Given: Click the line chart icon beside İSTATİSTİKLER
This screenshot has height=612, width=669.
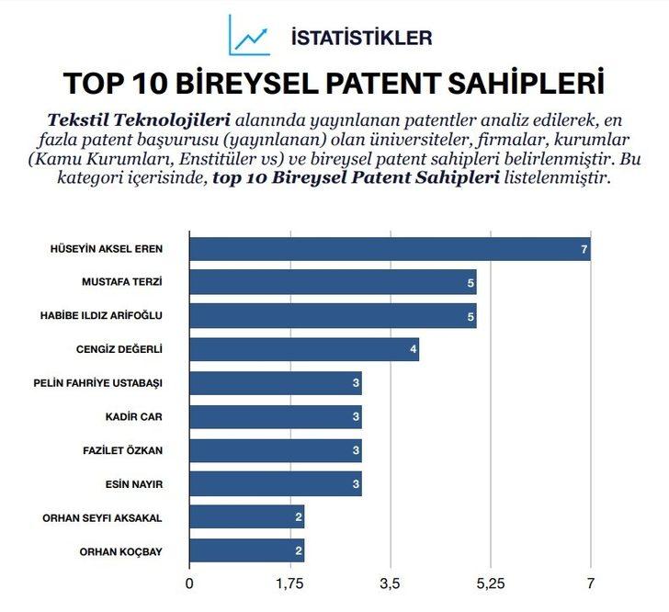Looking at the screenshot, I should click(250, 35).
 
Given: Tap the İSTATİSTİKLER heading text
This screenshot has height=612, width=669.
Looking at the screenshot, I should click(360, 38).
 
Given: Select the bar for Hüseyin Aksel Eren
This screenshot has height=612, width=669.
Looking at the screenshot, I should click(390, 249).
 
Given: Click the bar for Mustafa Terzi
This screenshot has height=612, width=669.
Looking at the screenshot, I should click(333, 283).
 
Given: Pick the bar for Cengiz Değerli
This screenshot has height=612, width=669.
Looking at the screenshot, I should click(304, 349).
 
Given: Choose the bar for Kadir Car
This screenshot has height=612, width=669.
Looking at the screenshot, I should click(276, 417).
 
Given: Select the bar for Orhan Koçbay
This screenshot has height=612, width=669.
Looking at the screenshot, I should click(246, 551).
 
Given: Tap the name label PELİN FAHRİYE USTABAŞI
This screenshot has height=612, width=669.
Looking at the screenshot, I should click(97, 382).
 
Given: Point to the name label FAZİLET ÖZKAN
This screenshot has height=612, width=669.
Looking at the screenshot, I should click(123, 450).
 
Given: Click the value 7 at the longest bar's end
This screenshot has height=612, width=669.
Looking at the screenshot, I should click(584, 249).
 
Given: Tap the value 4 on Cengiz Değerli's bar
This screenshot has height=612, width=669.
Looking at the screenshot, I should click(413, 349).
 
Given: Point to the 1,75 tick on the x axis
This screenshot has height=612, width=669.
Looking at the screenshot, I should click(289, 583).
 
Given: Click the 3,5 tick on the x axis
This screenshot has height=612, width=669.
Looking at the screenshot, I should click(390, 583).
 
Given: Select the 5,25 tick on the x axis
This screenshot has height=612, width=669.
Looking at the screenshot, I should click(491, 583).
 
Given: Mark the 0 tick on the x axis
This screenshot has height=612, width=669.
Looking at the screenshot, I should click(189, 583).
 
